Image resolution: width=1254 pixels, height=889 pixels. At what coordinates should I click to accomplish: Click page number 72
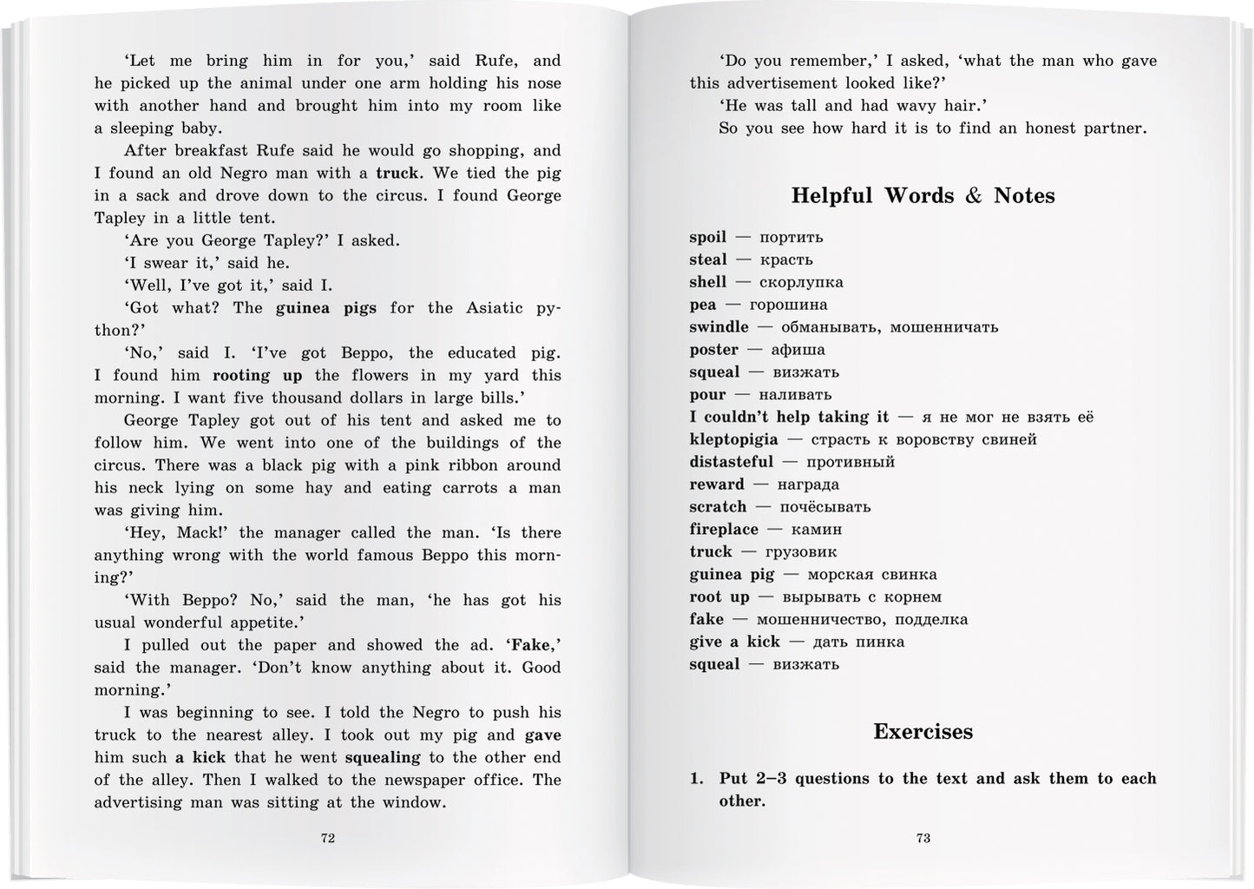pyautogui.click(x=328, y=838)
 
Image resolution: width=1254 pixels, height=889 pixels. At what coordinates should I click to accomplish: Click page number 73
pyautogui.click(x=923, y=838)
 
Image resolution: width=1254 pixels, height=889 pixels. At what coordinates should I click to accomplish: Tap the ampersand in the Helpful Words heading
pyautogui.click(x=974, y=196)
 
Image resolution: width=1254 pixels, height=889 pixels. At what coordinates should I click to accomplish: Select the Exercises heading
pyautogui.click(x=922, y=732)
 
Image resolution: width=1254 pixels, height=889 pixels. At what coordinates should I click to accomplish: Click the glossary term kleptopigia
pyautogui.click(x=732, y=440)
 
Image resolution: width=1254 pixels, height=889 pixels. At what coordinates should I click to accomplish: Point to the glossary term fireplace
pyautogui.click(x=724, y=530)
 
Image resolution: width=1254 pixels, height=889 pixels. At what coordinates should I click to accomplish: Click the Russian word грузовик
pyautogui.click(x=799, y=552)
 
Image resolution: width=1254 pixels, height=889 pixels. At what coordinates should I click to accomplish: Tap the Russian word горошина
pyautogui.click(x=788, y=305)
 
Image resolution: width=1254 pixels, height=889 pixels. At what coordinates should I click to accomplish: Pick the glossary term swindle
pyautogui.click(x=719, y=327)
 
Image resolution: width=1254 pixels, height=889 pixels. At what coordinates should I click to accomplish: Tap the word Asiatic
pyautogui.click(x=495, y=308)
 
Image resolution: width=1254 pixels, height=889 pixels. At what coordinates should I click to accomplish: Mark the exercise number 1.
pyautogui.click(x=696, y=779)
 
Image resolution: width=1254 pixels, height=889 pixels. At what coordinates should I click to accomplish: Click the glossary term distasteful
pyautogui.click(x=731, y=462)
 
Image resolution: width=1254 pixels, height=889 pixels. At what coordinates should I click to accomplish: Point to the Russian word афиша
pyautogui.click(x=798, y=350)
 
